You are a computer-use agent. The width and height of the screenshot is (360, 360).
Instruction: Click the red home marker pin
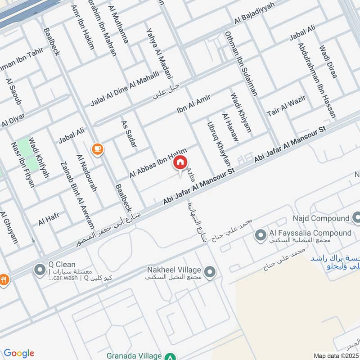[180, 163]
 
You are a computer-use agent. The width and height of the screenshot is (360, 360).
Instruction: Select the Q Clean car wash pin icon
[40, 270]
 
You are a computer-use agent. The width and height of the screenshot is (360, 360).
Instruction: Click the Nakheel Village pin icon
[209, 272]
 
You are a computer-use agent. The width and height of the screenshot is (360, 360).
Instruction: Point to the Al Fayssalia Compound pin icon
[260, 234]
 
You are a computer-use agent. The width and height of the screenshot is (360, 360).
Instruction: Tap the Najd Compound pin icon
[357, 218]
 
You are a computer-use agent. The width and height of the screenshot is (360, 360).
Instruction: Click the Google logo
[19, 353]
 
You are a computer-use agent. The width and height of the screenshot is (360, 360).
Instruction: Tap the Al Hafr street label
[49, 219]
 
